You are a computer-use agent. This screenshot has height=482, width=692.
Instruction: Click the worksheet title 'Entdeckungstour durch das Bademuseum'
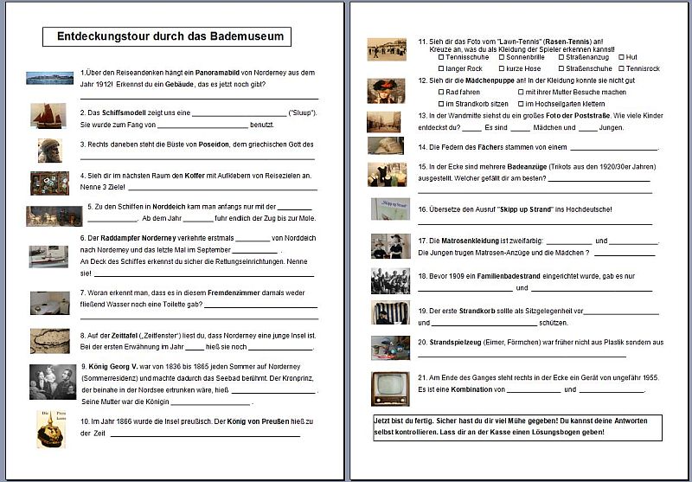pos(167,37)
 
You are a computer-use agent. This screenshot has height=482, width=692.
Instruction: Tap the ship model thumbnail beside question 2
pos(48,115)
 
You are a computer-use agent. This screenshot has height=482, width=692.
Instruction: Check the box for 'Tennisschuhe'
pos(442,57)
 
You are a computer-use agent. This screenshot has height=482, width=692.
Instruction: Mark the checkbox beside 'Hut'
pos(619,57)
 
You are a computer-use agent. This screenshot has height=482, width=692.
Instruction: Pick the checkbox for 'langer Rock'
pos(442,67)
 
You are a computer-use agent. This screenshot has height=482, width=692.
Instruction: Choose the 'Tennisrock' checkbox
pos(619,67)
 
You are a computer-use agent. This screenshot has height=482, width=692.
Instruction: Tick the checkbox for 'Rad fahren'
pos(442,92)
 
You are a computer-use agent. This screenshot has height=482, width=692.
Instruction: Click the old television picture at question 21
pos(390,389)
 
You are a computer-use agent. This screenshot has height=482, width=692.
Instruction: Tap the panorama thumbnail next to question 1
pos(50,78)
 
